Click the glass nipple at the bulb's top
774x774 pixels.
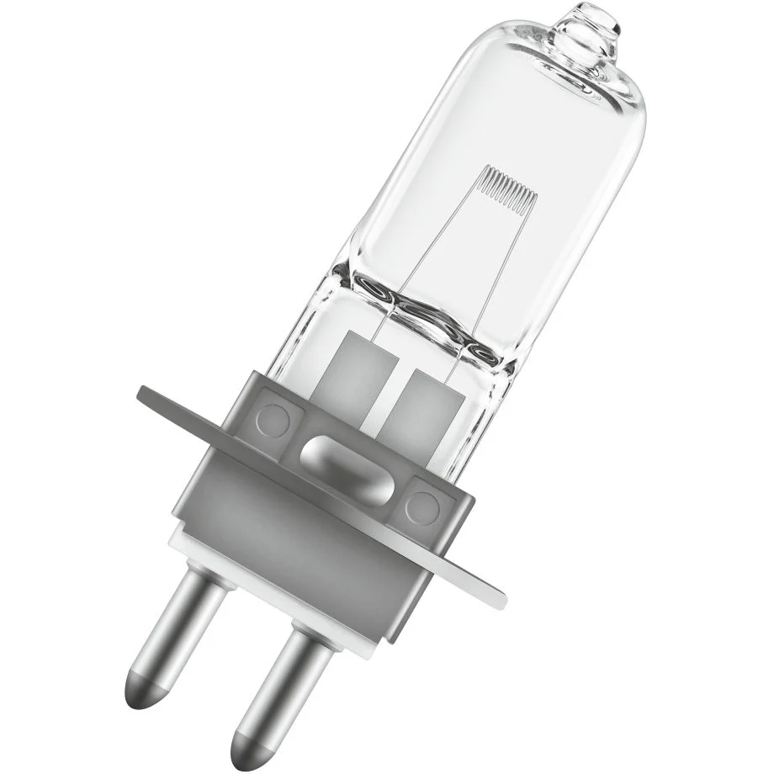(x=592, y=25)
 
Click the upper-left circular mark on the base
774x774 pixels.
(x=273, y=416)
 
